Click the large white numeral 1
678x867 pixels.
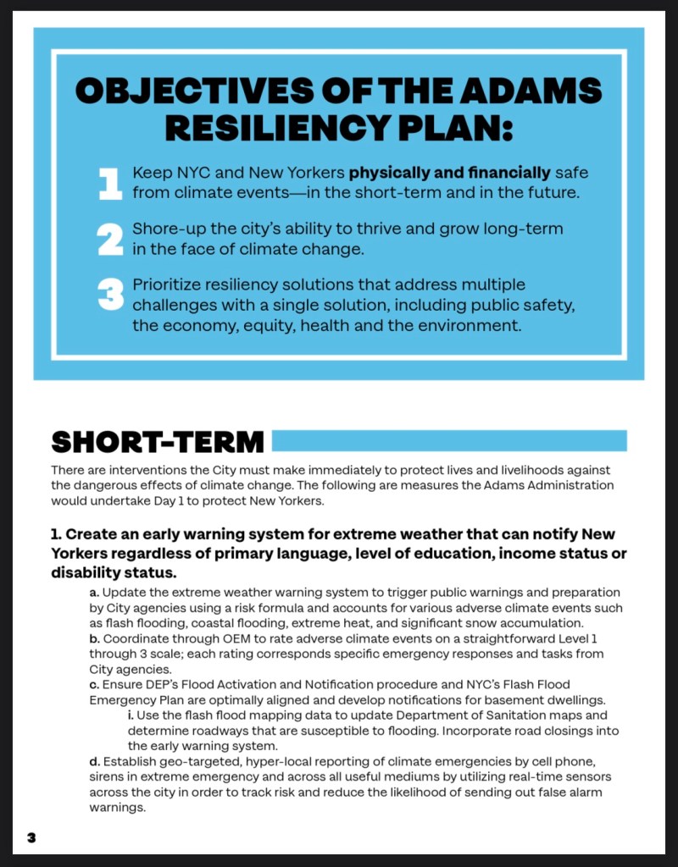pyautogui.click(x=110, y=184)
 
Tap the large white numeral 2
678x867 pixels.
pyautogui.click(x=110, y=240)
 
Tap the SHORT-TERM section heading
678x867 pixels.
pyautogui.click(x=158, y=441)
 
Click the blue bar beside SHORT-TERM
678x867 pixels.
pyautogui.click(x=448, y=440)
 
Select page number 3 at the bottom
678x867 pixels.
pyautogui.click(x=31, y=837)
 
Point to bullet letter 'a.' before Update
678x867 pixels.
pyautogui.click(x=94, y=593)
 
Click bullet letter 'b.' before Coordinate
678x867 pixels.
pyautogui.click(x=94, y=638)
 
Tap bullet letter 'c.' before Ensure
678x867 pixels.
pyautogui.click(x=94, y=684)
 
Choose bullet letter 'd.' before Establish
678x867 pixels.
pyautogui.click(x=94, y=761)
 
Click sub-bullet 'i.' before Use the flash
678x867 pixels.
pyautogui.click(x=131, y=715)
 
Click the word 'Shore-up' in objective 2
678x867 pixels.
pyautogui.click(x=165, y=229)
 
